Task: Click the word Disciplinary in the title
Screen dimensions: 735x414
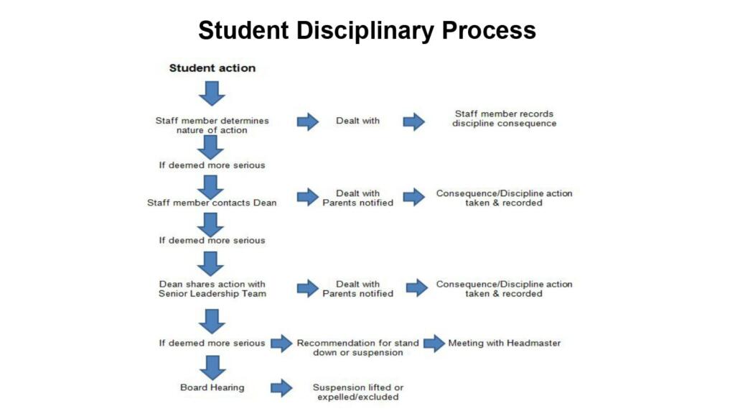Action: point(365,32)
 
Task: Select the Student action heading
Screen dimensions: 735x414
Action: point(212,68)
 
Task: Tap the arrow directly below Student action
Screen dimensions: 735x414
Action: point(212,93)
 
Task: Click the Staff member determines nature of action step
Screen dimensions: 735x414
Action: point(212,125)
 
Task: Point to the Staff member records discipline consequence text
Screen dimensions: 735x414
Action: point(504,119)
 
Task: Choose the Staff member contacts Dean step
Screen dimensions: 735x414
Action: point(212,203)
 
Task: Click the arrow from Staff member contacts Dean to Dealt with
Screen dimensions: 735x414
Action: point(307,197)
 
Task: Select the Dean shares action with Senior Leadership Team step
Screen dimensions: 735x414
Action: point(212,289)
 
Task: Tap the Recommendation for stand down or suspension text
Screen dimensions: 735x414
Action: point(357,348)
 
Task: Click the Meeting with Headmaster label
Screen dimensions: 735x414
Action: point(505,343)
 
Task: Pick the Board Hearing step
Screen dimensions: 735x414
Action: point(212,387)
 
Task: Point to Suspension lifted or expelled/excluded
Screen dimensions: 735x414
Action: point(357,392)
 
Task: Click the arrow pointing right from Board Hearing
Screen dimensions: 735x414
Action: point(281,387)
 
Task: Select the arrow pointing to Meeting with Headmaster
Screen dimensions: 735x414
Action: point(434,343)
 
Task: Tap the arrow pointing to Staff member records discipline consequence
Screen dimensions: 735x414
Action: point(414,121)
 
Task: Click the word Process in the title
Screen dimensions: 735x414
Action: point(489,30)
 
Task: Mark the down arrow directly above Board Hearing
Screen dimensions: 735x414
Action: point(212,367)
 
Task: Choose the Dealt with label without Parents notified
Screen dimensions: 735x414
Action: point(357,121)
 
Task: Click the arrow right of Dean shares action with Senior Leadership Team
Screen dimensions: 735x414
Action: point(307,288)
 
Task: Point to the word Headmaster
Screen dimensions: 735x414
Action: point(533,343)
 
